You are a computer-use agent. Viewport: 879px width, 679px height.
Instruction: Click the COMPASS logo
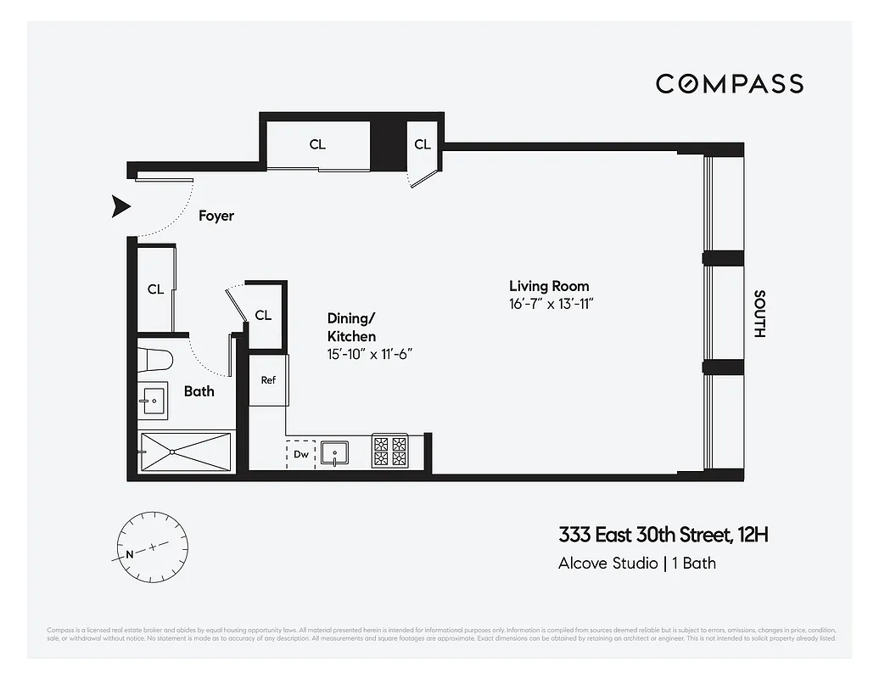coord(729,83)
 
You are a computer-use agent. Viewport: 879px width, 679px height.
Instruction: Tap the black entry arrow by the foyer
coord(121,206)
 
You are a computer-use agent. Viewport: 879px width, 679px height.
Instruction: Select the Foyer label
coord(216,216)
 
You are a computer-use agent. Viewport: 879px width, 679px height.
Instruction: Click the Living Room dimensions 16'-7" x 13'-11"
coord(550,305)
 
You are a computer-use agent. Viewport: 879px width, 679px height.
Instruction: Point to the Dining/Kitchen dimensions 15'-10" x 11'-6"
coord(370,355)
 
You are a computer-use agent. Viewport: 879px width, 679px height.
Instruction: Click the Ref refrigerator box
coord(268,380)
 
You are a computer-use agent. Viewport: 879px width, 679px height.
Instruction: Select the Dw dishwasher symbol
coord(300,454)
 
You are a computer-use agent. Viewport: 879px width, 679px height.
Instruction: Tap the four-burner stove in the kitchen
coord(389,452)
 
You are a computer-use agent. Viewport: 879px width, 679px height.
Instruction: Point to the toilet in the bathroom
coord(156,360)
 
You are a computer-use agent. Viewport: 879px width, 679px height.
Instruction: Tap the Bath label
coord(199,391)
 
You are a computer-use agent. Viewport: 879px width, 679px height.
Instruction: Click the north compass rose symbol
coord(153,548)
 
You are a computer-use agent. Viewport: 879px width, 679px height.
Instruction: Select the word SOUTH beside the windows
coord(759,314)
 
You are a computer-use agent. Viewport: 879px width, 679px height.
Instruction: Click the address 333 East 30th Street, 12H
coord(663,535)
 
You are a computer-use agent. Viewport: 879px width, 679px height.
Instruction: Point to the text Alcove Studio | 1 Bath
coord(636,563)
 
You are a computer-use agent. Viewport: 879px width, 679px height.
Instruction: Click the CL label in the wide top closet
coord(316,144)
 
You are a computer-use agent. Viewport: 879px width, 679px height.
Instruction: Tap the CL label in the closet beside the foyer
coord(155,289)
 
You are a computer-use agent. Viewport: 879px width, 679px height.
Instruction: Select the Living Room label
coord(548,286)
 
